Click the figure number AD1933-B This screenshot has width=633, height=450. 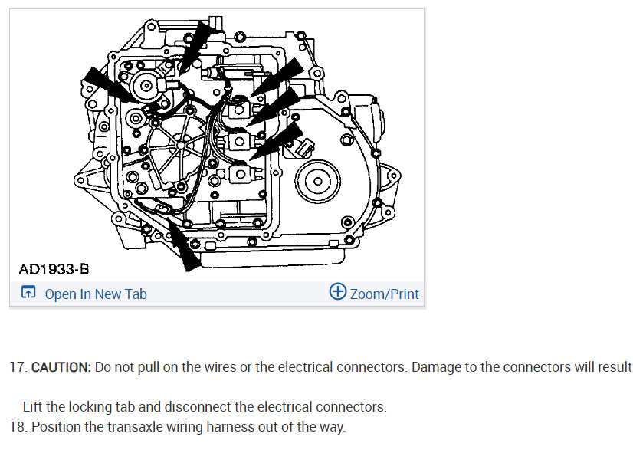[54, 269]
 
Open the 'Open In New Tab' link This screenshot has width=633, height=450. [96, 294]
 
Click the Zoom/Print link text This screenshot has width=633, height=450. [385, 294]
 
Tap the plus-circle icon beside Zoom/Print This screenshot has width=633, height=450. [337, 292]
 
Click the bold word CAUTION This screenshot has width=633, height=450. [61, 367]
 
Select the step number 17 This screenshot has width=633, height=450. [18, 367]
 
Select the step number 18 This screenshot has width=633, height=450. [18, 427]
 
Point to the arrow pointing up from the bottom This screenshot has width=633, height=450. [183, 244]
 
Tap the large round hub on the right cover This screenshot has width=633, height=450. [315, 182]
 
